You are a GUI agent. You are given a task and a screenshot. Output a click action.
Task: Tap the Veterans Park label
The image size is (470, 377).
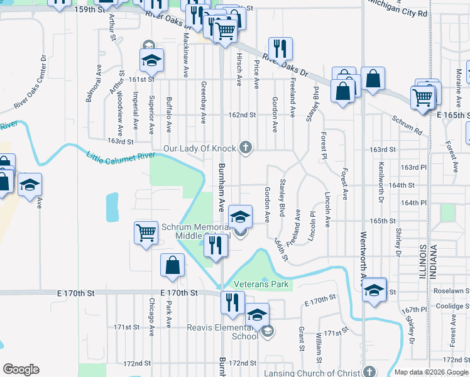click(x=261, y=285)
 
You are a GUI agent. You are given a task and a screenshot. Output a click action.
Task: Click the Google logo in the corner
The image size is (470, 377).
click(x=21, y=369)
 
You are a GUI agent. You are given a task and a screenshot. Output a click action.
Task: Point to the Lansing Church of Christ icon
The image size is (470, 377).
click(x=369, y=371)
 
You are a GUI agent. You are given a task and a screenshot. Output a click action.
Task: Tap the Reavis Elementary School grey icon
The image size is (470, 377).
click(x=267, y=331)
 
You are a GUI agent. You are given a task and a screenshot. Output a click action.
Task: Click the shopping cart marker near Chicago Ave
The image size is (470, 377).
click(x=146, y=233)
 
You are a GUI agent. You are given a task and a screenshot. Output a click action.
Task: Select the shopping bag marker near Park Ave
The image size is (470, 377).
click(x=173, y=266)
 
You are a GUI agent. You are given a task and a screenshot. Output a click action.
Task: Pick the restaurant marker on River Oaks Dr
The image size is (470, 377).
click(x=280, y=48)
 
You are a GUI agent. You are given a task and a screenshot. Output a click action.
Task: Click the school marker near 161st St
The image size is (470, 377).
click(x=151, y=60)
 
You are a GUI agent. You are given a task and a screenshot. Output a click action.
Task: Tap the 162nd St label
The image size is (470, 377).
click(x=242, y=115)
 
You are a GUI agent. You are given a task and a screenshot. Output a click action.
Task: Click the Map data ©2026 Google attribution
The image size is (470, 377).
click(x=431, y=373)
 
